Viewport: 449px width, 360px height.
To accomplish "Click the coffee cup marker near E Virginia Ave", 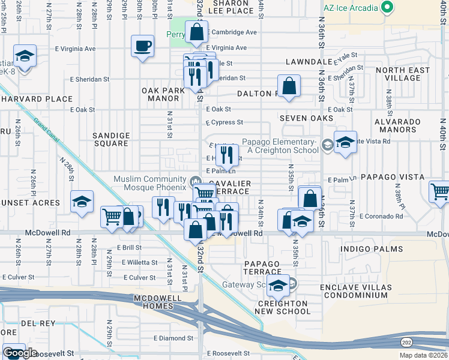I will pyautogui.click(x=143, y=46).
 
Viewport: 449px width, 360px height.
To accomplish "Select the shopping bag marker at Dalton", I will pyautogui.click(x=289, y=86).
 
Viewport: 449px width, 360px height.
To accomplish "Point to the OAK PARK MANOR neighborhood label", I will pyautogui.click(x=162, y=94).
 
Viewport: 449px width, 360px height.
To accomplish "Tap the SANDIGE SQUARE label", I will pyautogui.click(x=110, y=140).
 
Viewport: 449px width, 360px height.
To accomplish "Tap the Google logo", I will pyautogui.click(x=20, y=353).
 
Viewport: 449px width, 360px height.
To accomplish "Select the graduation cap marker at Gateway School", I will pyautogui.click(x=278, y=286).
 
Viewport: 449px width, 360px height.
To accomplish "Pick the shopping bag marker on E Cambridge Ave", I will pyautogui.click(x=196, y=32).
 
